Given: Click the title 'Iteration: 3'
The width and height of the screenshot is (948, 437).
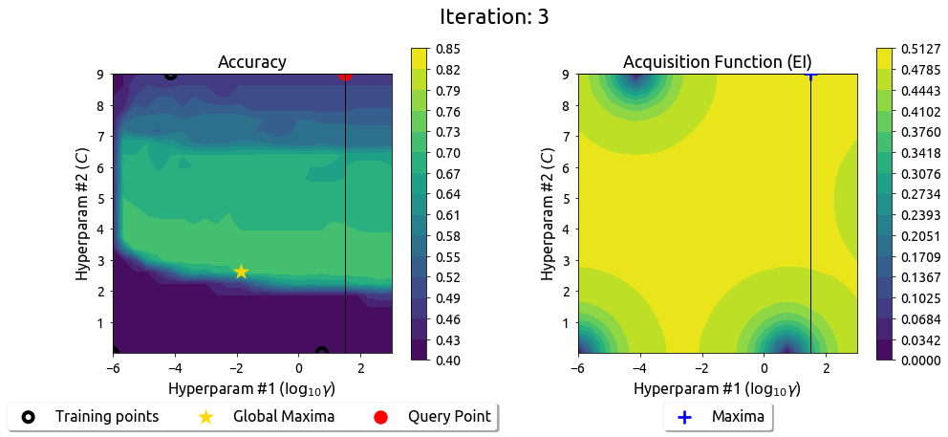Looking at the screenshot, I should coord(494,16).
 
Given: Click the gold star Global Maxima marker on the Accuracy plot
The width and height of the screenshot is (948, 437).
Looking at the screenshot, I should coord(241,272).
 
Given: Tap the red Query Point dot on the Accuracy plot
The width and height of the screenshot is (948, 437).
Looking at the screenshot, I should coord(345,75).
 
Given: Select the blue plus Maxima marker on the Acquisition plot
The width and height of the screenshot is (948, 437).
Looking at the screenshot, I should coord(810,74).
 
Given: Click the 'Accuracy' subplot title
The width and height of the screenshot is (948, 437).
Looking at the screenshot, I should coord(252,62).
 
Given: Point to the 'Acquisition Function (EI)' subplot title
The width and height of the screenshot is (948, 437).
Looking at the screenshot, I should coord(718,62).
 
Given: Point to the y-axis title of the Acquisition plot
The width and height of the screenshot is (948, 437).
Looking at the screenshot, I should coord(548,213).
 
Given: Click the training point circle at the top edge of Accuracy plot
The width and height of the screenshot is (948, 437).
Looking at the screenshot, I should coord(170,75).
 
